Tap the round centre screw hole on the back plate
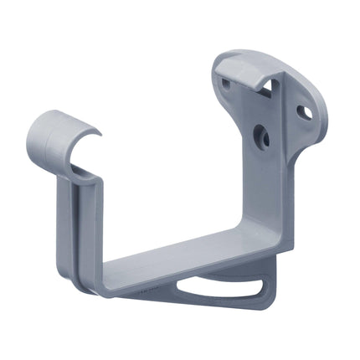tap(260, 135)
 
